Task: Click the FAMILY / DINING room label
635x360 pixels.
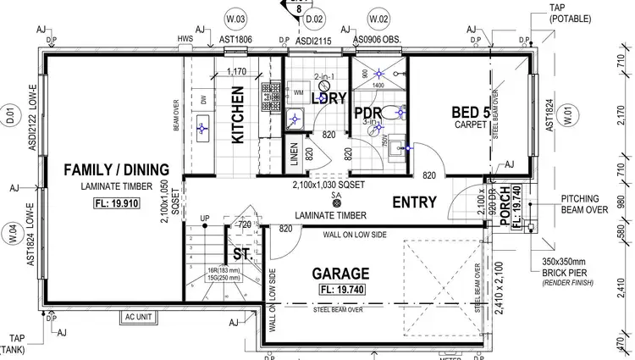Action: tap(117, 169)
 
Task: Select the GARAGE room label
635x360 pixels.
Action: tap(340, 274)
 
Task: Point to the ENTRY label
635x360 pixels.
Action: tap(414, 202)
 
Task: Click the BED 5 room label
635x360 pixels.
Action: tap(468, 110)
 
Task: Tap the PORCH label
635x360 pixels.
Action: tap(505, 206)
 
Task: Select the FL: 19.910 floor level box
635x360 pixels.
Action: tap(117, 203)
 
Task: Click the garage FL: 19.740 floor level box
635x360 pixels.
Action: tap(340, 289)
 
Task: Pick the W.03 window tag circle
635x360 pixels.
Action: tap(235, 18)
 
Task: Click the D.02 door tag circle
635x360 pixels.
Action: tap(314, 18)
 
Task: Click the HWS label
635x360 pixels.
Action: tap(185, 39)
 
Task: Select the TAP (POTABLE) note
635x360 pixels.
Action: tap(570, 13)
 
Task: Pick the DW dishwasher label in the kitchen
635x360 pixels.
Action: tap(203, 100)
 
